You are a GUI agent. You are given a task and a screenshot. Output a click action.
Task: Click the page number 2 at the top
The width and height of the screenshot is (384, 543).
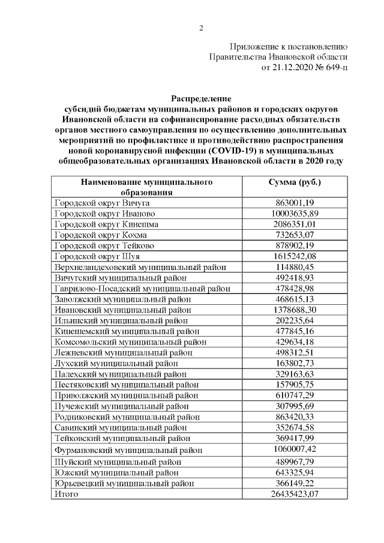201,28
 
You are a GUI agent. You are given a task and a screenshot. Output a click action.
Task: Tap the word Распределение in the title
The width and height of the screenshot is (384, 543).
201,98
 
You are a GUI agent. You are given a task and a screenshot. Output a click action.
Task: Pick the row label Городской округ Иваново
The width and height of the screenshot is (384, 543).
105,214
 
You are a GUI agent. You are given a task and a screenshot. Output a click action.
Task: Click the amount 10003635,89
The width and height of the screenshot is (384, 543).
293,214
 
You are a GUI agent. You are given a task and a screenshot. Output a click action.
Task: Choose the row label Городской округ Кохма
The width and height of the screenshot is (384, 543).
102,235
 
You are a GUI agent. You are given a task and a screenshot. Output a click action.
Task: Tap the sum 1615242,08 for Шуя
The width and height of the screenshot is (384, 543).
293,256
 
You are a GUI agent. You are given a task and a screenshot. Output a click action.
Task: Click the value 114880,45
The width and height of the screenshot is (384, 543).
293,266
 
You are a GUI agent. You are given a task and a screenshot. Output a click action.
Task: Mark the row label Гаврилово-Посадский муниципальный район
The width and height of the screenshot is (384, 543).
142,288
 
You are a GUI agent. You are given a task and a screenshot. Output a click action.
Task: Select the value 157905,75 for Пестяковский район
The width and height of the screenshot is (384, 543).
293,384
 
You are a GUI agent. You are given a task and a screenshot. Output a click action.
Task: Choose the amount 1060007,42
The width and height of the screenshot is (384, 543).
293,449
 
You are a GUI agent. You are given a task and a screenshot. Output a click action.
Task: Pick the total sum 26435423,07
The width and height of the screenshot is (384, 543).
293,494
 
